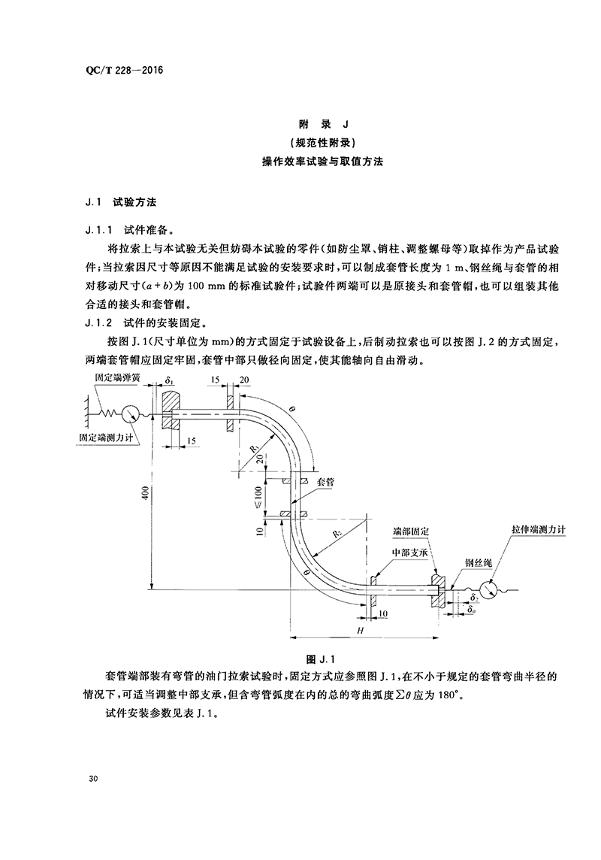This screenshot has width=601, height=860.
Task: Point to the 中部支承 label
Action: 408,552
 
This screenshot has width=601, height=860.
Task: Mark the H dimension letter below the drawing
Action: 360,629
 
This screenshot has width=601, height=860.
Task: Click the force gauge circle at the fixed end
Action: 129,412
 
